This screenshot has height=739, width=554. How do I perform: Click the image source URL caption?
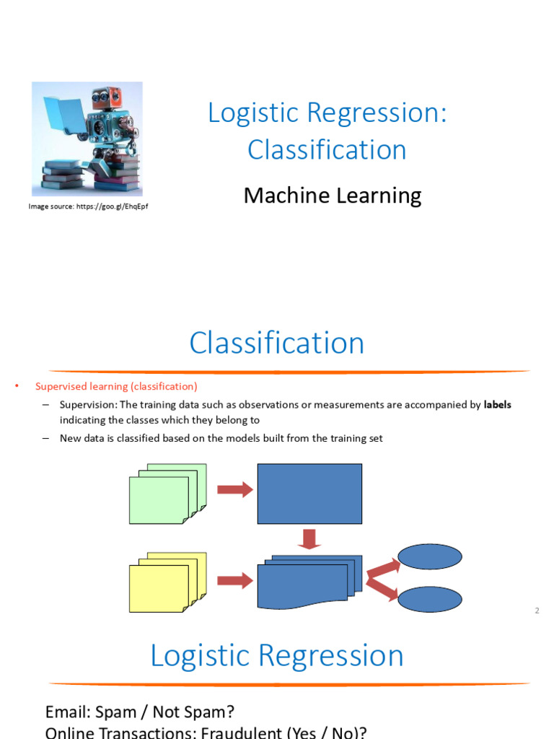[88, 207]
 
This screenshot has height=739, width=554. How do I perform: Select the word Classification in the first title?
[327, 150]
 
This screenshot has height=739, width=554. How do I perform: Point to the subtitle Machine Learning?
[333, 196]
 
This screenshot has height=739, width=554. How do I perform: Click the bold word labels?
[497, 405]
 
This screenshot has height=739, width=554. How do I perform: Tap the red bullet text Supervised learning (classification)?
[116, 387]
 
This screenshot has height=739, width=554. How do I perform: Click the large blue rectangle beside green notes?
[309, 494]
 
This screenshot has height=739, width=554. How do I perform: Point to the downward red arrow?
[309, 538]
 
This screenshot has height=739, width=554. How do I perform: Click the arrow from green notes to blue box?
[235, 490]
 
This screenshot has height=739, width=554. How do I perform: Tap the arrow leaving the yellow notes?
[235, 580]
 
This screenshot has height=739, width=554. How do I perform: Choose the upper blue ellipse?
[430, 556]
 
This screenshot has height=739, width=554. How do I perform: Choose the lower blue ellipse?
[430, 599]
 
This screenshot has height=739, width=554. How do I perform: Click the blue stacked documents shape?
[307, 582]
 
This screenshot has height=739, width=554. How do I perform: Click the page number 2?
[537, 611]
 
